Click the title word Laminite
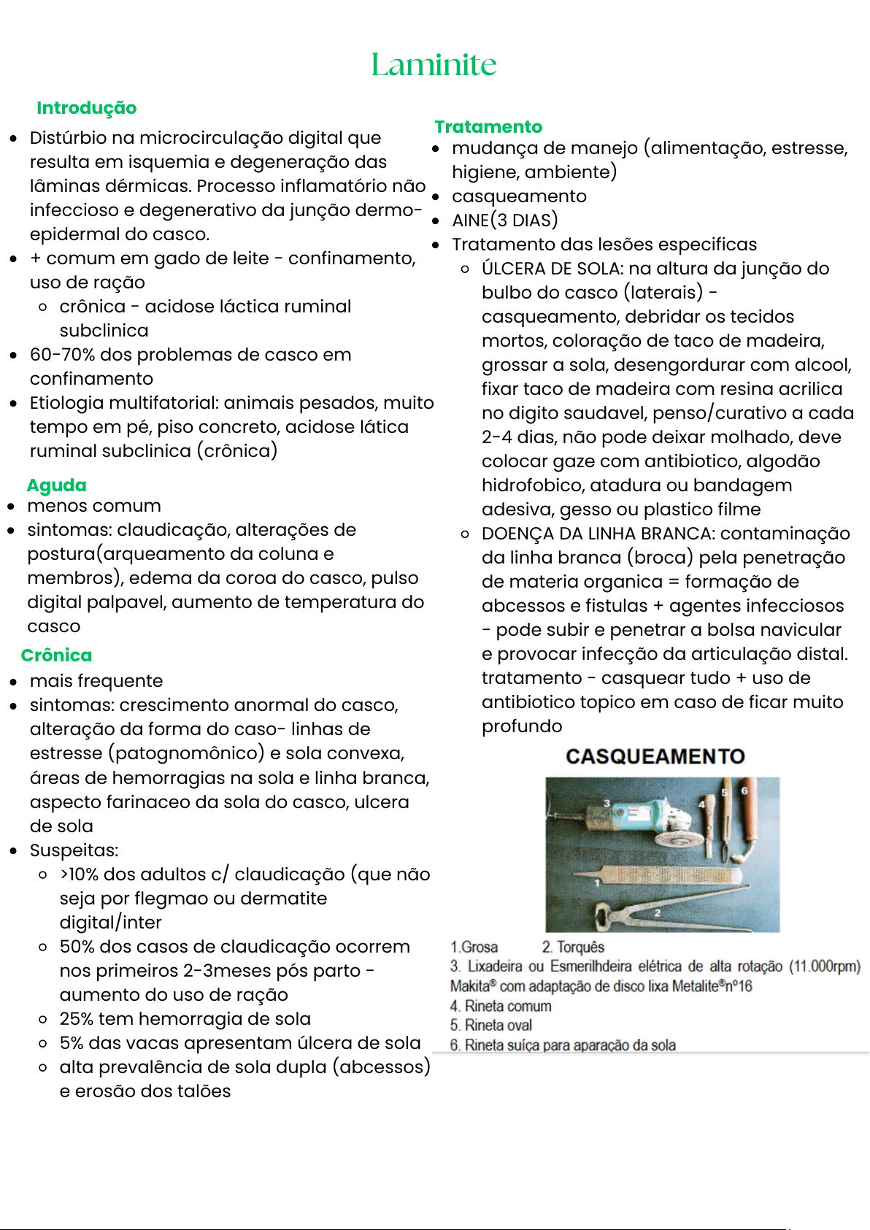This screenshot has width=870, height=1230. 434,64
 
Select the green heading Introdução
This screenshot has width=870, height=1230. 86,108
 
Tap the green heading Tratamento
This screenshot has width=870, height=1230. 488,127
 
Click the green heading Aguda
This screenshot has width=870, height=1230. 56,485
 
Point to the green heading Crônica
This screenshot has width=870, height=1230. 56,656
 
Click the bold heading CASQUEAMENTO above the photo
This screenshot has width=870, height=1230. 655,756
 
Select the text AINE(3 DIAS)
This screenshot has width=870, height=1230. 504,220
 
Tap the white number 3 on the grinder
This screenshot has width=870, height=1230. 607,804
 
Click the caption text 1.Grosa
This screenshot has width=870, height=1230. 474,947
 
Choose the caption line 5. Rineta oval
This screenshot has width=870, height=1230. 490,1026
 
